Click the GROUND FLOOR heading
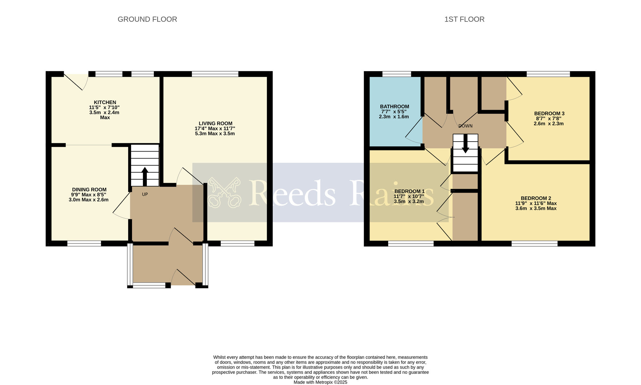147,19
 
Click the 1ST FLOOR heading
464,19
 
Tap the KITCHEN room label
105,102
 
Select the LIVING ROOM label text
215,123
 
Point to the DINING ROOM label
89,190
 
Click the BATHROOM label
395,106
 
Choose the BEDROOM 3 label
549,113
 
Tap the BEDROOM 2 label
536,198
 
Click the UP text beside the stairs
145,194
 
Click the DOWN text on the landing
465,126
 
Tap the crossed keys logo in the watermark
224,192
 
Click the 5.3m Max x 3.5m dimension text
215,134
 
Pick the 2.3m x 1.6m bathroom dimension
394,117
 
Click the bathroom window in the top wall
396,74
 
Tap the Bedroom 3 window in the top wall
548,74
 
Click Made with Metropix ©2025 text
320,382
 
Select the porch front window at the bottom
149,285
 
